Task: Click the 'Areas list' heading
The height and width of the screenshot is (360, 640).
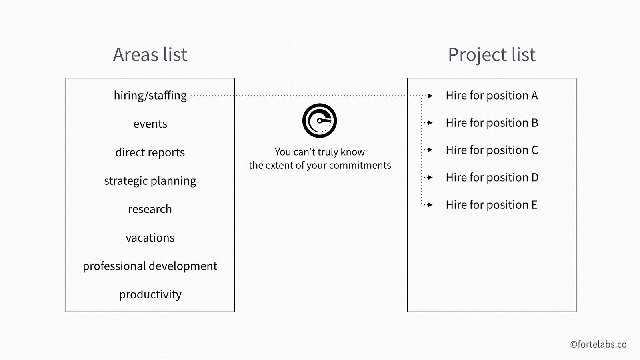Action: pos(150,54)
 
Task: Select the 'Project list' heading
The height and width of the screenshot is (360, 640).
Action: pos(492,55)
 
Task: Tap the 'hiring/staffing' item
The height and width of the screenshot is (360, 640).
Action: pos(150,96)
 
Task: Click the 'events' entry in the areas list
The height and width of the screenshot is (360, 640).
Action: pos(150,124)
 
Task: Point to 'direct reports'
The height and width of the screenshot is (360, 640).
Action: pos(150,152)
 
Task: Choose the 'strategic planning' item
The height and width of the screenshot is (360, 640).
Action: pos(150,181)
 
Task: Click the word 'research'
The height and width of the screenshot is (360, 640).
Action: pos(150,210)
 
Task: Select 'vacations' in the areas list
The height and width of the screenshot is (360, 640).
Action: pos(150,238)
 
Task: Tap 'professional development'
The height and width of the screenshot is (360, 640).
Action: pos(150,266)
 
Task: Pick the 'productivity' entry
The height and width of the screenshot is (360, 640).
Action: pos(150,294)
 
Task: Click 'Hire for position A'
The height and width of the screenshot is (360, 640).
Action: pos(492,96)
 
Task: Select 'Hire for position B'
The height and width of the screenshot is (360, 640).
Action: pos(492,123)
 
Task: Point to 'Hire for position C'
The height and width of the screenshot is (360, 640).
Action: pos(492,150)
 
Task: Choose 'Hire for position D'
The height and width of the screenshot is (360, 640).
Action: pos(492,178)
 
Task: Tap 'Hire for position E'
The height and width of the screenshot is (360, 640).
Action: pos(492,205)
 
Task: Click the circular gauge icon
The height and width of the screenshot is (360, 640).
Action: pos(320,120)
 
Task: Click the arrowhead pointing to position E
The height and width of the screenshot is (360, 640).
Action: pos(430,205)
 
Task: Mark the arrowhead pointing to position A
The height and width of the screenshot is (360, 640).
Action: pos(430,96)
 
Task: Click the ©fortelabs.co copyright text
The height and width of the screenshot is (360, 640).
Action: pos(598,344)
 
